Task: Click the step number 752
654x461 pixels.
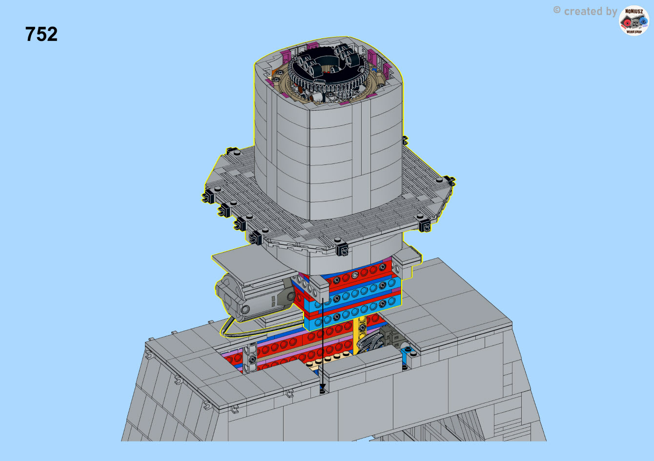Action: click(41, 34)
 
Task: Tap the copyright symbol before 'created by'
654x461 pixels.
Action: click(557, 10)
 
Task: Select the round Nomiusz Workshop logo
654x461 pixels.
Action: click(634, 20)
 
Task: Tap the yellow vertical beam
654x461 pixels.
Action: click(360, 336)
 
